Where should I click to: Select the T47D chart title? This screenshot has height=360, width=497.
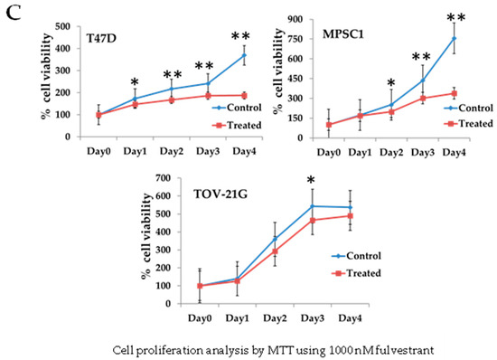101,38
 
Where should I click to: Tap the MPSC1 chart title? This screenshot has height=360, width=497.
343,34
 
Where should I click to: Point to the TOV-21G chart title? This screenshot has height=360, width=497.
220,194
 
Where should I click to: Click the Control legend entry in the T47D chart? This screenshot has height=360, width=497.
237,108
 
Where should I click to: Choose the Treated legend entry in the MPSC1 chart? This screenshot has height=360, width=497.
468,123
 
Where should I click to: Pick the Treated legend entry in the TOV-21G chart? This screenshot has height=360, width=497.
357,273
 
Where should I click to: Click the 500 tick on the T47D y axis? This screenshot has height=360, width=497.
62,26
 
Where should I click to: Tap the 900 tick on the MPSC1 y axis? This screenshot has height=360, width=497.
295,19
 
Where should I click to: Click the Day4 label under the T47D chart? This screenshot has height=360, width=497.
244,151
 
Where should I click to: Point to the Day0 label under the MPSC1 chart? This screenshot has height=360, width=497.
329,153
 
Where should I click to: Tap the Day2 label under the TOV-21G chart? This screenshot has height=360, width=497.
275,318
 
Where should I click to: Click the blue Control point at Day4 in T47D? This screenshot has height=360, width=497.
244,55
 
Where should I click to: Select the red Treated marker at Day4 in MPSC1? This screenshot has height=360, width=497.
455,93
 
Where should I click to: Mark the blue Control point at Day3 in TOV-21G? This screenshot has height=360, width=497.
313,206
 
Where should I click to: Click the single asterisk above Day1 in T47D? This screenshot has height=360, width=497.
135,81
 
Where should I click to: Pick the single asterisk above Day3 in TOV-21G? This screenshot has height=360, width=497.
311,180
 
